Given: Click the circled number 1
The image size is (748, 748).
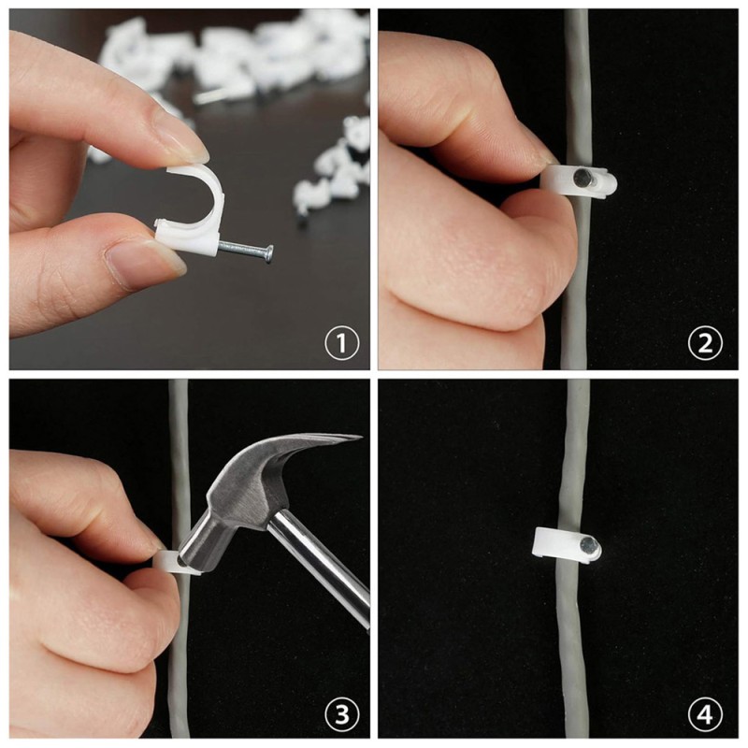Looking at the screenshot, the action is pos(341,343).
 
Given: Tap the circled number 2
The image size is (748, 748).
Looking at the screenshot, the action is pos(705,343).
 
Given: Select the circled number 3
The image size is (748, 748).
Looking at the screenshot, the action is pos(341,715).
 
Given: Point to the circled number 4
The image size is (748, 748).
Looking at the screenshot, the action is pos(705,715).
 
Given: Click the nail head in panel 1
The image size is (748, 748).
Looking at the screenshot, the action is pos(270,253).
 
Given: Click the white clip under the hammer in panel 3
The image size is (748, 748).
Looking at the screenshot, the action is pos(174,563).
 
